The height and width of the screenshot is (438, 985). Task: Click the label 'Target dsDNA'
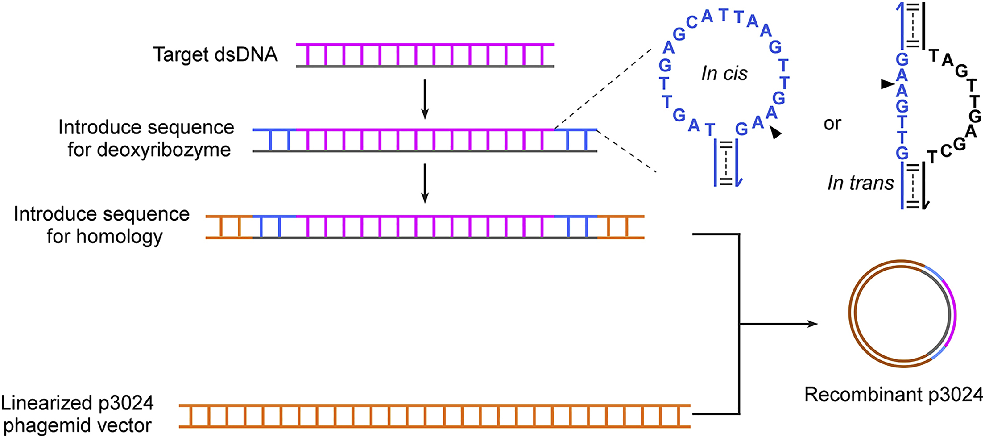[x=215, y=55]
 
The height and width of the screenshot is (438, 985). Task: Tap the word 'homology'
[x=120, y=237]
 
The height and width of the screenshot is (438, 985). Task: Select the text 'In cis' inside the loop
[x=724, y=73]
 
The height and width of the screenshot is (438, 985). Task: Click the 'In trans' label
[x=861, y=183]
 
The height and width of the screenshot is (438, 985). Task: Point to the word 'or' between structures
[x=832, y=124]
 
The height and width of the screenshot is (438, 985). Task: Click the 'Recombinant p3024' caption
[x=893, y=395]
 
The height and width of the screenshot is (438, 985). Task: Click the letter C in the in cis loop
[x=692, y=22]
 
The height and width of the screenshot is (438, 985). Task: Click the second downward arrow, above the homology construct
[x=425, y=183]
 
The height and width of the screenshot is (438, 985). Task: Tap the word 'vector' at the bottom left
[x=126, y=426]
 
